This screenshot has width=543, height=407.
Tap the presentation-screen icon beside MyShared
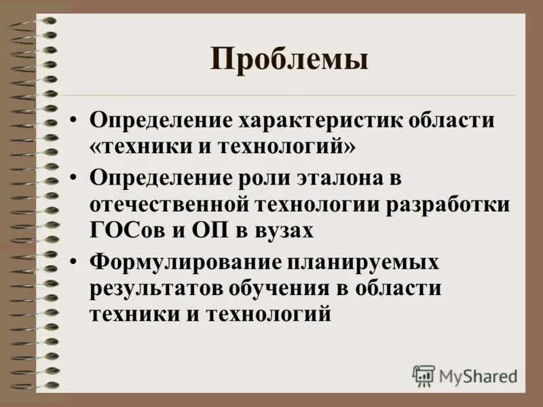coord(423,375)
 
